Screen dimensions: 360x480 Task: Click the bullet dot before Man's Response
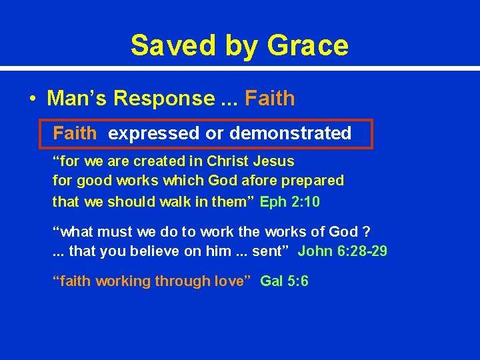coord(32,99)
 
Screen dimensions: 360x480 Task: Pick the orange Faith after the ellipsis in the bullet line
coord(269,99)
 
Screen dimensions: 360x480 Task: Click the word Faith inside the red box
coord(75,133)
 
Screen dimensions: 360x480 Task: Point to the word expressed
coord(153,133)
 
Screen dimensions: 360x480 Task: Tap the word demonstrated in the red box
coord(290,133)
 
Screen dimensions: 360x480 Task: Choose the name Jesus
coord(275,161)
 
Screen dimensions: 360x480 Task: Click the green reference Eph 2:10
coord(290,201)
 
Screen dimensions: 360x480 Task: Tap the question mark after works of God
coord(366,232)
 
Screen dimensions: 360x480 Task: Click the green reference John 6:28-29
coord(342,251)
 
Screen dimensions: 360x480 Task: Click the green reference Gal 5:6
coord(284,281)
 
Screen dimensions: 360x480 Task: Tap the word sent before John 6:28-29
coord(273,251)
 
